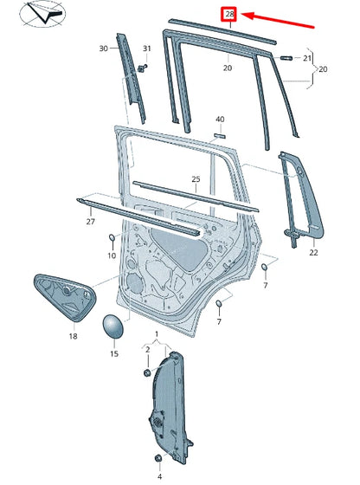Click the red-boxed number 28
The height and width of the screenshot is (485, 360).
tap(230, 14)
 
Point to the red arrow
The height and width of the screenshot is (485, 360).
tap(278, 20)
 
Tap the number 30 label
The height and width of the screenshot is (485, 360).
tap(104, 48)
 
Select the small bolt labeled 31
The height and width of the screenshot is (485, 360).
tap(143, 68)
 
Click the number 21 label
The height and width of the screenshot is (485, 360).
tap(307, 58)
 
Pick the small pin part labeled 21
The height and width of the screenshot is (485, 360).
tap(286, 57)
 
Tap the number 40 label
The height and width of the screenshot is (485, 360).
tap(220, 120)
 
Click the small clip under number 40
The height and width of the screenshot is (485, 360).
tap(220, 136)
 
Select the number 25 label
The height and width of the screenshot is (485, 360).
tap(196, 178)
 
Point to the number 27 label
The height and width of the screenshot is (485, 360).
tap(91, 222)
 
